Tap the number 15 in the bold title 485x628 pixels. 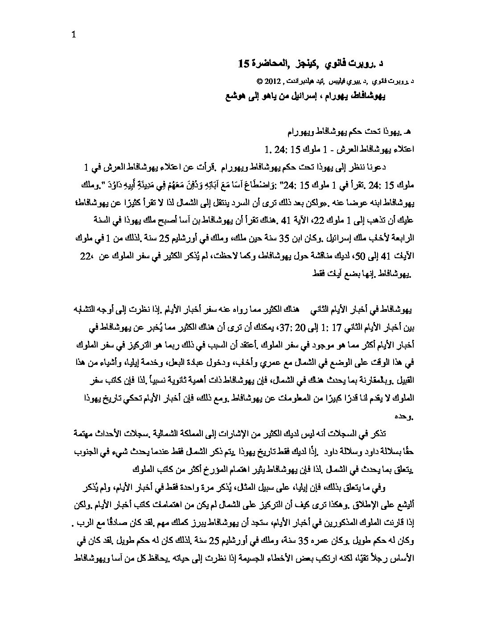(x=243, y=65)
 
